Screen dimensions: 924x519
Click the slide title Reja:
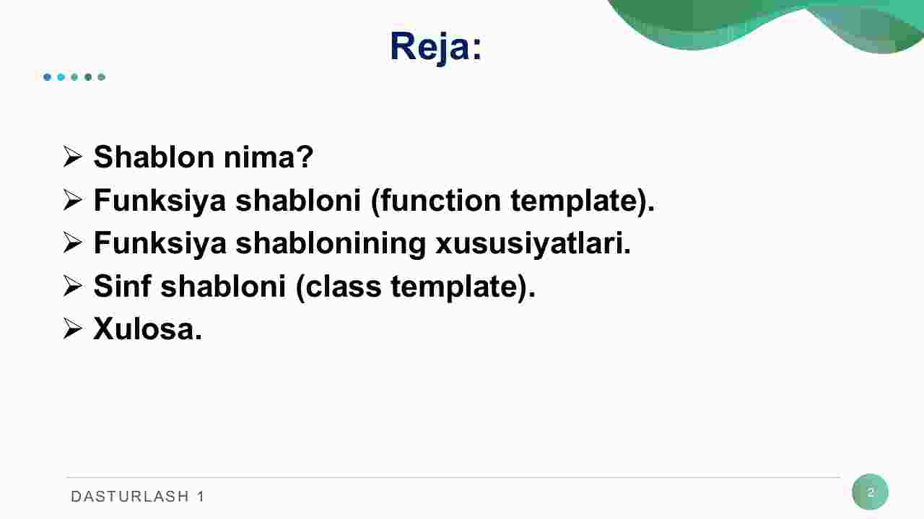435,47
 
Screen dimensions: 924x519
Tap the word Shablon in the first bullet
154,157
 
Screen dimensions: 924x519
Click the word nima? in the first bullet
269,157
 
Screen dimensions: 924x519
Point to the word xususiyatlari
533,243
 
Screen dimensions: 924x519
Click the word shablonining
331,243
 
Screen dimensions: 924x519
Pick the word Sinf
122,286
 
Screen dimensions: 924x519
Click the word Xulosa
148,329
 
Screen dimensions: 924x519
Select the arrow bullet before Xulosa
73,329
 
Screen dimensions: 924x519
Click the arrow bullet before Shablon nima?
73,157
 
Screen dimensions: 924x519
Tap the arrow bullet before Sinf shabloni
73,286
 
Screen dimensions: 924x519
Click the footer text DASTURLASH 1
137,497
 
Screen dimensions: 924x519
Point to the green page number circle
871,492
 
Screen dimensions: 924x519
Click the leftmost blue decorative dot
47,77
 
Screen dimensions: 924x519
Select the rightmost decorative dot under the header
102,77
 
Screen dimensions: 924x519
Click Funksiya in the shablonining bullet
160,243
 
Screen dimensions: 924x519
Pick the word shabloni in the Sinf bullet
223,286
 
